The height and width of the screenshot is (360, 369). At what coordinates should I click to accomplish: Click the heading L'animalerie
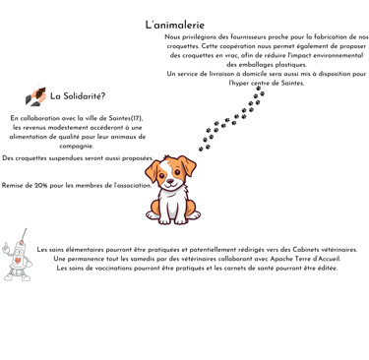pos(175,25)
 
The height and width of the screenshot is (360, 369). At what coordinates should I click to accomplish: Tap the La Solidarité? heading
pos(78,96)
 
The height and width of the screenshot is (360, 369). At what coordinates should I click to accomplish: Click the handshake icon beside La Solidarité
pos(35,96)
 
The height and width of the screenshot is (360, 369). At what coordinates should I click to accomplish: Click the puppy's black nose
pos(170,181)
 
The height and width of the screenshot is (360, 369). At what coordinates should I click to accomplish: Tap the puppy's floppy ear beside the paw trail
pos(187,165)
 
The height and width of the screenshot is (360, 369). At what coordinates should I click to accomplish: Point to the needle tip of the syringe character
pos(26,229)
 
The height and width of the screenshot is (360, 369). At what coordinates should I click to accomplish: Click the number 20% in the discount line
pos(41,186)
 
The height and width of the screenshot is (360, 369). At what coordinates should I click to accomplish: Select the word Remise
pos(11,186)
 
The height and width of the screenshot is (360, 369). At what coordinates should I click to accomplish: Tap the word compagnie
pos(77,147)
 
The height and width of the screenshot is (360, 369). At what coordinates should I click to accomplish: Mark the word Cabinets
pos(305,250)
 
